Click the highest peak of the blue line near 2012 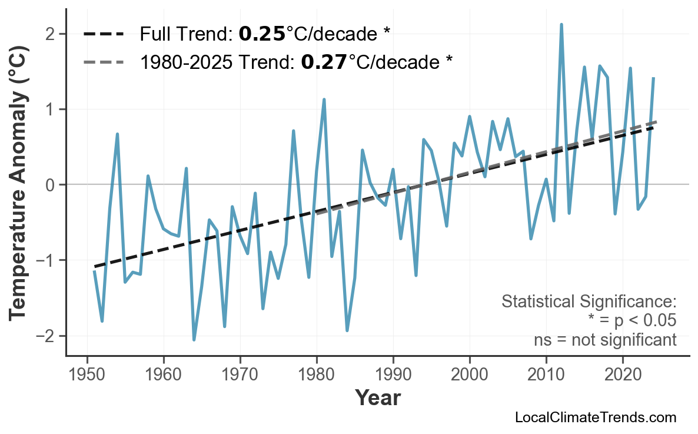point(561,25)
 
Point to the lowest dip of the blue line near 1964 point(194,340)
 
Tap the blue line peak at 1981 point(324,100)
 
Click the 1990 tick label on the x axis point(393,375)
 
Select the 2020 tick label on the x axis point(623,375)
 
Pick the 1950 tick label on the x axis point(87,375)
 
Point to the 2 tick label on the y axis point(51,34)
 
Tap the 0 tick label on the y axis point(51,185)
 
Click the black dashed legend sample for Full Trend point(104,34)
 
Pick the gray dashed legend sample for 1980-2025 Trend point(104,61)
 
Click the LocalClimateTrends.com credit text point(595,418)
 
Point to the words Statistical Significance point(589,302)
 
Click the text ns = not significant point(605,340)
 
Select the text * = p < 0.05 point(631,321)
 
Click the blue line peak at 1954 point(118,134)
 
